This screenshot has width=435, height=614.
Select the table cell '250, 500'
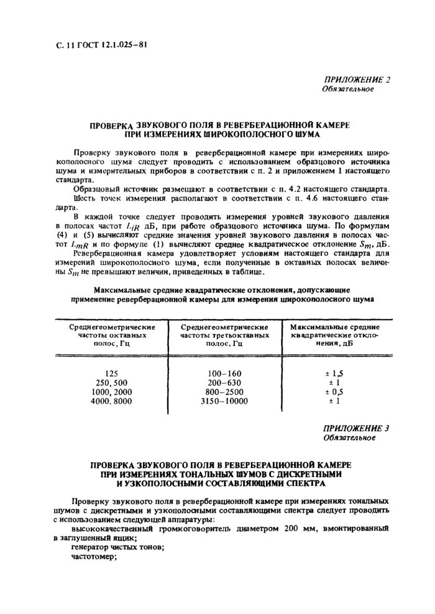point(112,383)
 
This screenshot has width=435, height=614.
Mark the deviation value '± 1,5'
point(334,373)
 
